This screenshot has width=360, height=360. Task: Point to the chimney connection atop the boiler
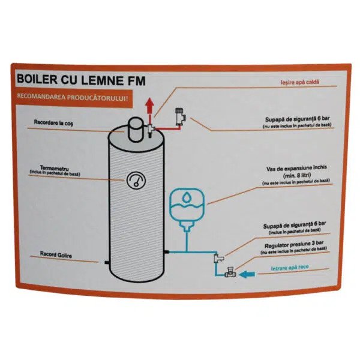pos(136,125)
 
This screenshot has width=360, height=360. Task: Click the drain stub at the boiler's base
pos(107,262)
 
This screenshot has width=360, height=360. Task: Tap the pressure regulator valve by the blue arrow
pos(228,274)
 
